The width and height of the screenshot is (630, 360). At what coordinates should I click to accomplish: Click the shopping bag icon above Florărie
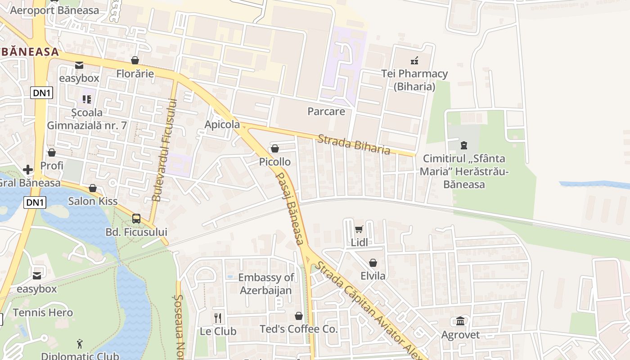tap(135, 60)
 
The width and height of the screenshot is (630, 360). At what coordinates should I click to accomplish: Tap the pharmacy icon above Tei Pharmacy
tap(414, 60)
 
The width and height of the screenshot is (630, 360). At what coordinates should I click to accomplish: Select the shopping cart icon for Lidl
tap(359, 229)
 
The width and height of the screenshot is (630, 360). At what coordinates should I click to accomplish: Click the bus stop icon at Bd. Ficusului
tap(136, 219)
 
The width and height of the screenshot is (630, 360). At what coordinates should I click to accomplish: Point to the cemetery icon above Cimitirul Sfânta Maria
tap(463, 145)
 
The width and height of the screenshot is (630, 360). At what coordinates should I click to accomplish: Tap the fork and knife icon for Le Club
tap(218, 318)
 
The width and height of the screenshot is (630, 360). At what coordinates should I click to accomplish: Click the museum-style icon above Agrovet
tap(460, 321)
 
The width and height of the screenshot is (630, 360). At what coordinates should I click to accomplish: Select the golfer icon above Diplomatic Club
tap(80, 344)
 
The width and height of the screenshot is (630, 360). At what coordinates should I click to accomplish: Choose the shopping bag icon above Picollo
tap(274, 148)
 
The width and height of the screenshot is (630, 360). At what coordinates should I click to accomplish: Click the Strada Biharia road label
tap(354, 144)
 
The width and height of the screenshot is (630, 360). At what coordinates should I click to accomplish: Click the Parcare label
tap(326, 112)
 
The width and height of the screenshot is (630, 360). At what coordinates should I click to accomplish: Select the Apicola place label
tap(222, 125)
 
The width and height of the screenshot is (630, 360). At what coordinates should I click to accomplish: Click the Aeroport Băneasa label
tap(54, 10)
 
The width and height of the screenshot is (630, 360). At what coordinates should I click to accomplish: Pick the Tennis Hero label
tap(43, 312)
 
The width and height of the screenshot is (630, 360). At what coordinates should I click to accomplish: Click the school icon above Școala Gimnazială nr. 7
tap(86, 99)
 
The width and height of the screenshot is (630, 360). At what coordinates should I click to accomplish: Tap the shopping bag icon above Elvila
tap(373, 263)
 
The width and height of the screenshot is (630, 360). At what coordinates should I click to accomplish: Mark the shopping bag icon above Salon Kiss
tap(93, 188)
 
